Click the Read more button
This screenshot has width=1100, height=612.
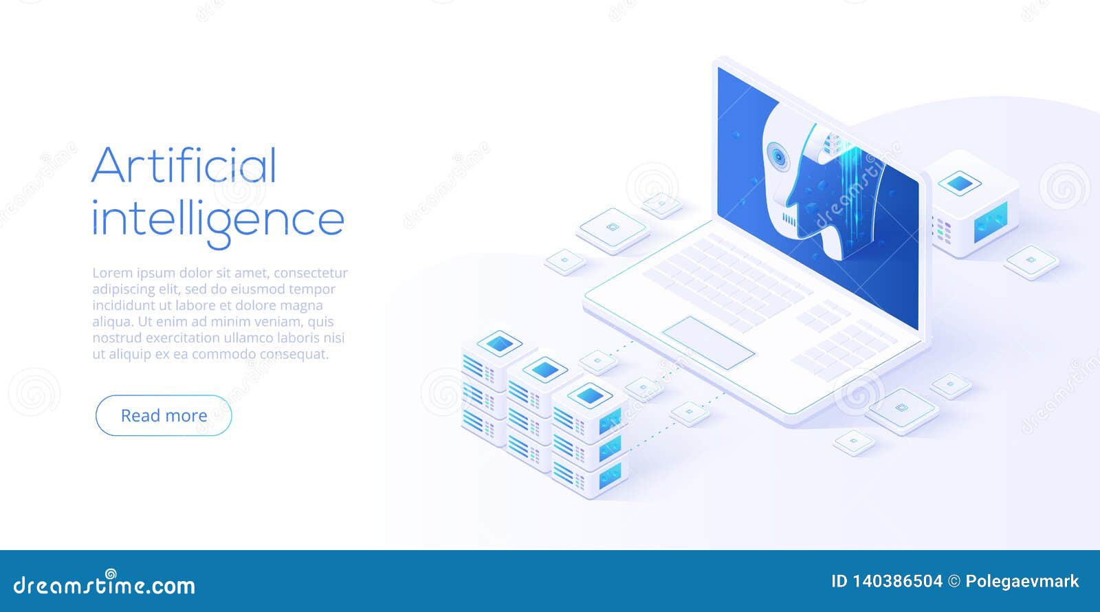[164, 415]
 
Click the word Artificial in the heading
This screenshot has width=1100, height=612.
[184, 165]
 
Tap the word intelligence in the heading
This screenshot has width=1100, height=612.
[217, 219]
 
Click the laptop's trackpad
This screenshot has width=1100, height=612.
[708, 342]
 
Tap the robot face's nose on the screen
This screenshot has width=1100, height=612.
[791, 199]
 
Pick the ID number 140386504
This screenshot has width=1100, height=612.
[896, 581]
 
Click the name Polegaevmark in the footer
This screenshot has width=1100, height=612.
[1022, 581]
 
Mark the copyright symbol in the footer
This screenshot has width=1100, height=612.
[954, 581]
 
